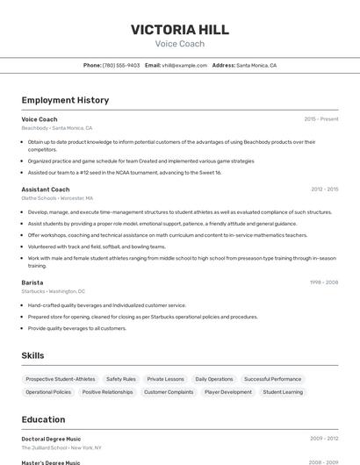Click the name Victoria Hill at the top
coord(180,29)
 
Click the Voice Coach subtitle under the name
coord(180,44)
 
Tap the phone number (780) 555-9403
coord(121,65)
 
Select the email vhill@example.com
coord(178,65)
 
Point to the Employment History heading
coord(65,100)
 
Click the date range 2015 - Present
coord(321,119)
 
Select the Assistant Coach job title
coord(46,190)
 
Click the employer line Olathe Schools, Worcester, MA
coord(57,198)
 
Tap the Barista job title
coord(32,283)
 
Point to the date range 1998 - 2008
coord(323,283)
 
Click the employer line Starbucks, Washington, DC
coord(53,291)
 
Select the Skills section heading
coord(33,355)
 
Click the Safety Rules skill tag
coord(121,379)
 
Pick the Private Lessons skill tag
coord(166,379)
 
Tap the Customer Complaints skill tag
coord(169,392)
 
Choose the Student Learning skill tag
coord(283,392)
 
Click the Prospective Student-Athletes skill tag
coord(61,379)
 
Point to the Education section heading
coord(44,419)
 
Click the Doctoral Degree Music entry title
coord(51,439)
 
